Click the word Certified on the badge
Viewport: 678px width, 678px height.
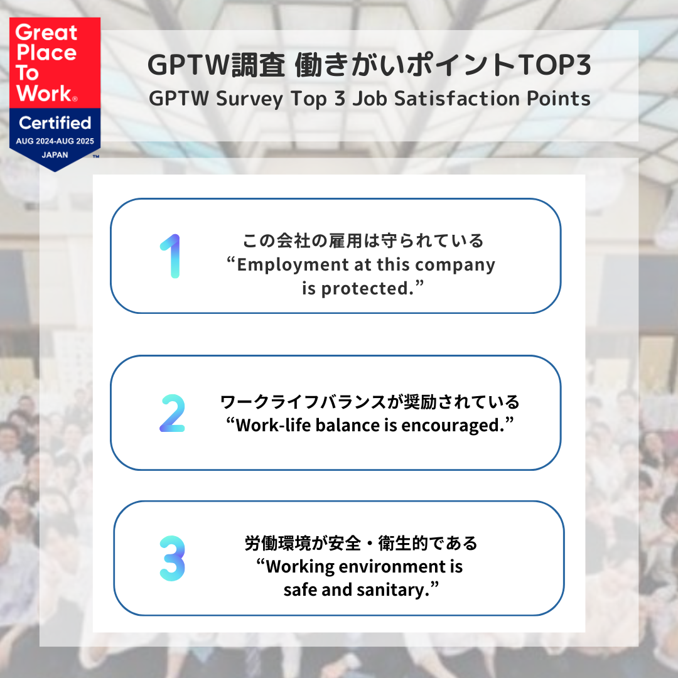(55, 123)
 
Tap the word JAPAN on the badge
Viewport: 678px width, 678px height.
(55, 155)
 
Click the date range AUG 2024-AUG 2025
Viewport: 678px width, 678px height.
(55, 141)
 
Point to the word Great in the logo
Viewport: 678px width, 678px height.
(46, 33)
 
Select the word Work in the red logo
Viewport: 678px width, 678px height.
(44, 93)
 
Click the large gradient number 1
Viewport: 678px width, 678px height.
(173, 256)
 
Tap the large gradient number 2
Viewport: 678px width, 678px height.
(172, 413)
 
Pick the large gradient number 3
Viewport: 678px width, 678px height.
(172, 558)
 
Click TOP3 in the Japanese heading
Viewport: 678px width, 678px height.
(554, 65)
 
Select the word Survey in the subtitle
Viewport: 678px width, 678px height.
(249, 99)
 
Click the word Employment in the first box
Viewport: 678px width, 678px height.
(293, 265)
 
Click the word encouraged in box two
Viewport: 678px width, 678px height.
(453, 426)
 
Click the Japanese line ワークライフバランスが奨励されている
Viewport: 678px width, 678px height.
(370, 402)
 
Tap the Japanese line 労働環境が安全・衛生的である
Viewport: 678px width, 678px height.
(361, 543)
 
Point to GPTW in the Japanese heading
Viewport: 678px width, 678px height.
(188, 65)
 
